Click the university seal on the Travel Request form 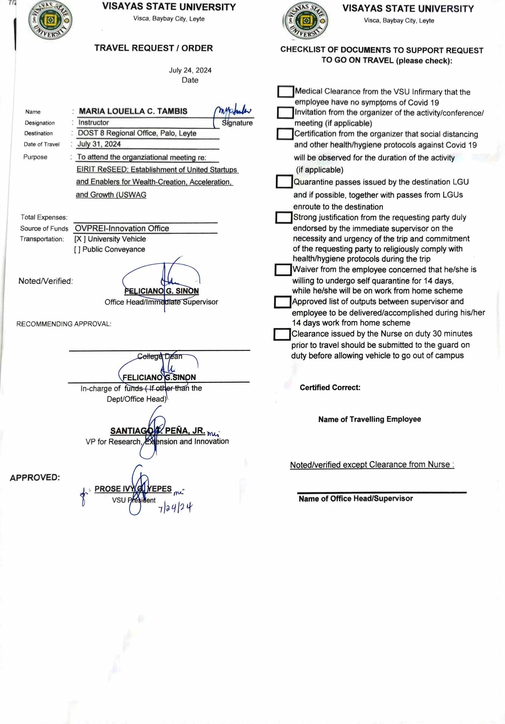pyautogui.click(x=50, y=20)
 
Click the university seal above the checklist pyautogui.click(x=306, y=21)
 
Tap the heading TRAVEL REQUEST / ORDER pyautogui.click(x=154, y=48)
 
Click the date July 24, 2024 pyautogui.click(x=190, y=70)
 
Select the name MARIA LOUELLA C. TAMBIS pyautogui.click(x=133, y=111)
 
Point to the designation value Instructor pyautogui.click(x=93, y=123)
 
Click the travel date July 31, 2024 pyautogui.click(x=99, y=144)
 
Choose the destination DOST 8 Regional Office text pyautogui.click(x=137, y=133)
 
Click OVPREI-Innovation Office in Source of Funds pyautogui.click(x=122, y=229)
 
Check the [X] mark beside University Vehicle pyautogui.click(x=79, y=239)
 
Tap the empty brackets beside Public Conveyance pyautogui.click(x=77, y=249)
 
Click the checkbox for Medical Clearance pyautogui.click(x=286, y=92)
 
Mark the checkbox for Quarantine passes pyautogui.click(x=284, y=182)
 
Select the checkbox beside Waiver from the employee pyautogui.click(x=283, y=270)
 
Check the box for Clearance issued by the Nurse pyautogui.click(x=282, y=334)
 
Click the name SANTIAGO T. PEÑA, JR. pyautogui.click(x=157, y=431)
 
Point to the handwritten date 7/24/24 pyautogui.click(x=175, y=508)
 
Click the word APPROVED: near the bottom pyautogui.click(x=35, y=478)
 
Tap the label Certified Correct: pyautogui.click(x=330, y=388)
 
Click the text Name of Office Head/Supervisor pyautogui.click(x=356, y=499)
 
